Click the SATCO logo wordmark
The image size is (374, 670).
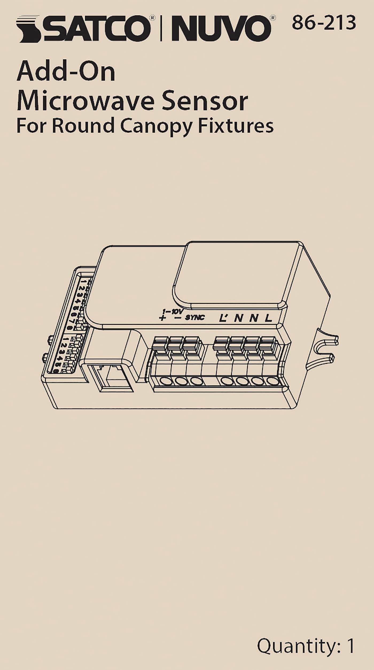[83, 29]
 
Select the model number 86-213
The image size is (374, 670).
[324, 23]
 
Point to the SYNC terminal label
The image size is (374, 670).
[195, 317]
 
